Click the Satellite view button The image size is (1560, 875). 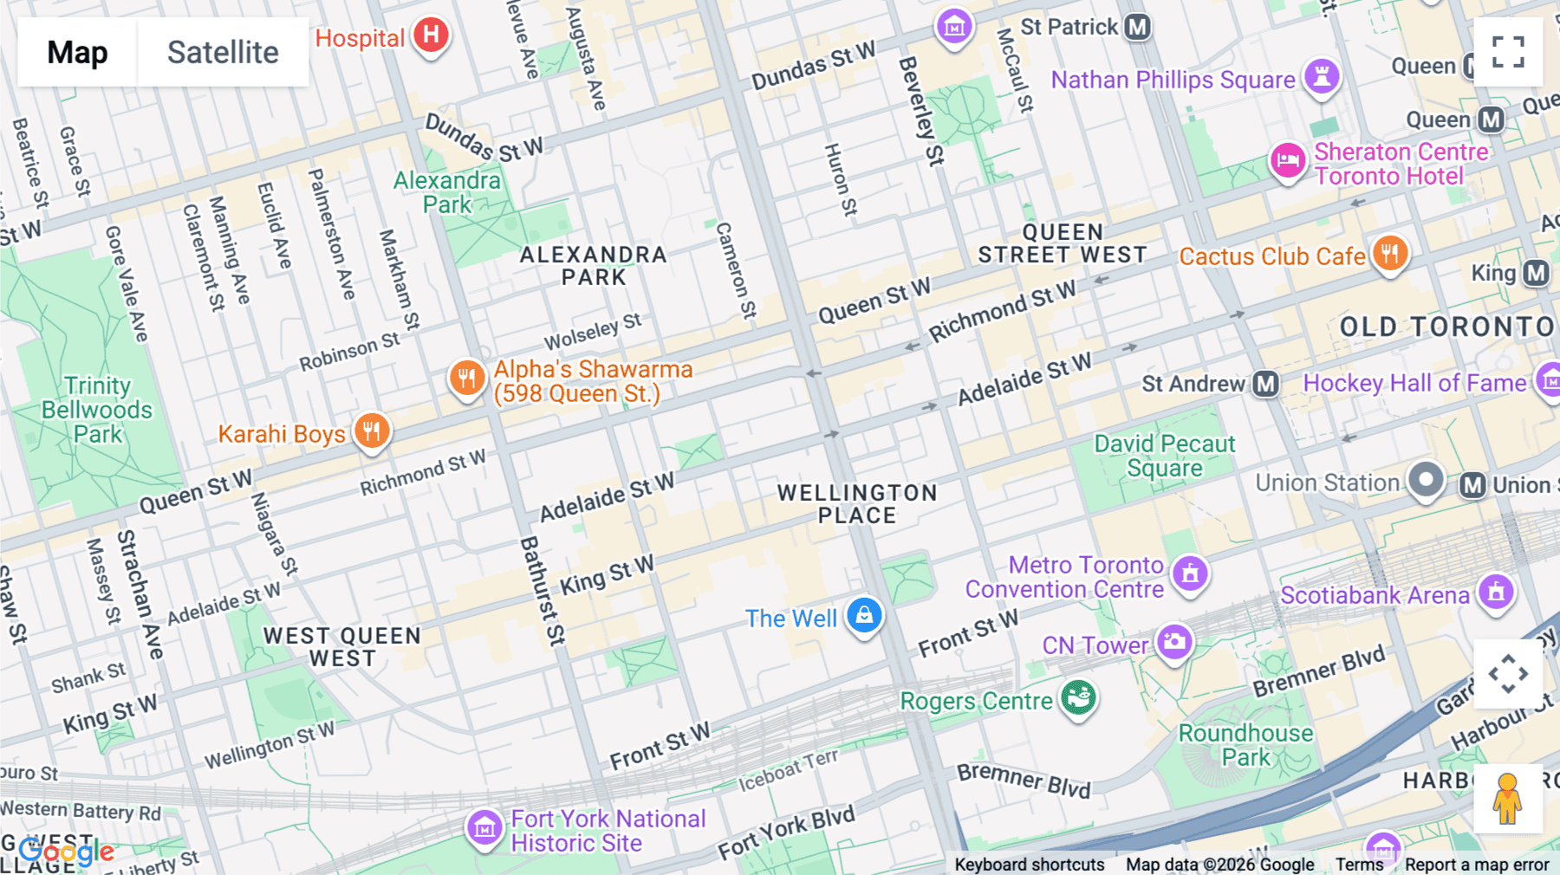[x=223, y=52]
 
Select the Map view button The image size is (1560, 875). [x=77, y=52]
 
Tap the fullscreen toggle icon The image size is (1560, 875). [x=1508, y=52]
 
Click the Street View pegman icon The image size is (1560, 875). [x=1508, y=799]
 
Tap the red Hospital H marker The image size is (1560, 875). [x=431, y=36]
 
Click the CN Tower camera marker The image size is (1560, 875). [x=1174, y=642]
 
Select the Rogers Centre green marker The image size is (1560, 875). [x=1078, y=697]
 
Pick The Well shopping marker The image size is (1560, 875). [x=864, y=616]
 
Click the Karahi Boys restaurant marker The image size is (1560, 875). [x=372, y=431]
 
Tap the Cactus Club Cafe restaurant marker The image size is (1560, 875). [x=1390, y=254]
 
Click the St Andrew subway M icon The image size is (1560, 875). [x=1265, y=384]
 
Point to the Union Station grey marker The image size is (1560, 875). [x=1426, y=480]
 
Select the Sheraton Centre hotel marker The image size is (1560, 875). [x=1288, y=161]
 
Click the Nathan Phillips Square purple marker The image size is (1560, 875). [x=1322, y=77]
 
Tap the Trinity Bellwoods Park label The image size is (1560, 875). [x=97, y=410]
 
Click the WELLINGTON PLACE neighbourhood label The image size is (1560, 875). [x=856, y=504]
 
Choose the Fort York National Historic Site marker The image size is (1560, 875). [x=484, y=828]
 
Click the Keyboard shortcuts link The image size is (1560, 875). [x=1029, y=865]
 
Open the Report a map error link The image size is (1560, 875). [x=1476, y=865]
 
